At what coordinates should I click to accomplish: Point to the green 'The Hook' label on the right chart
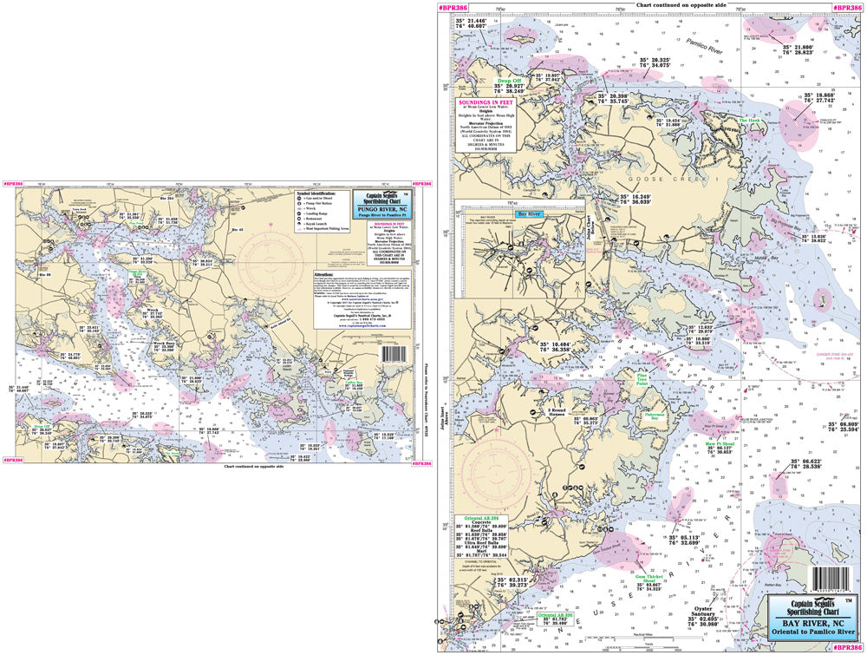click(x=748, y=121)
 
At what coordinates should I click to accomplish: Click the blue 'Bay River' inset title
click(x=530, y=212)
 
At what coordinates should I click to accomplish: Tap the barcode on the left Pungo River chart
click(x=392, y=354)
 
